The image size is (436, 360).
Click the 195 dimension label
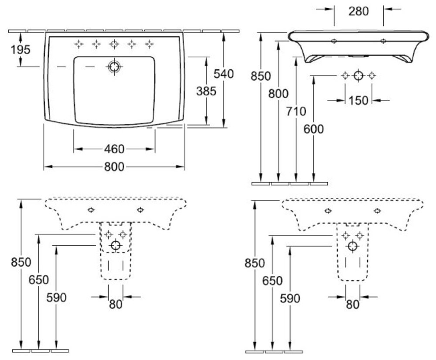[x=21, y=50]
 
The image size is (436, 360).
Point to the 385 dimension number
[x=206, y=91]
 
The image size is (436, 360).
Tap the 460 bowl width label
[x=114, y=149]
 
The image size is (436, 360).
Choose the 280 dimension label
[x=358, y=11]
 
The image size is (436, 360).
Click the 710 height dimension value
[x=296, y=111]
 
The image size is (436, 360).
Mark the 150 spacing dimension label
[x=358, y=100]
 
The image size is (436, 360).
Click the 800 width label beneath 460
[x=114, y=167]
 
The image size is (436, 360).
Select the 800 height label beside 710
[x=279, y=93]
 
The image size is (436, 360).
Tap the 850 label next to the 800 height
[x=261, y=75]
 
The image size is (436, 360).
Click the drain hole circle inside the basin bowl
[x=114, y=67]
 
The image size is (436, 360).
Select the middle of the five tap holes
[x=114, y=43]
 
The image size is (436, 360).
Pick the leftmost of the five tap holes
[x=79, y=43]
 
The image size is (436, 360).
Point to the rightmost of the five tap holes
[x=150, y=43]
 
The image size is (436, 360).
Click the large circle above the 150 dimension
[x=358, y=75]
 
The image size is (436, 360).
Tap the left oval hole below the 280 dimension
[x=334, y=41]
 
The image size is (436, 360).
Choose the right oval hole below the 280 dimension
[x=383, y=41]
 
